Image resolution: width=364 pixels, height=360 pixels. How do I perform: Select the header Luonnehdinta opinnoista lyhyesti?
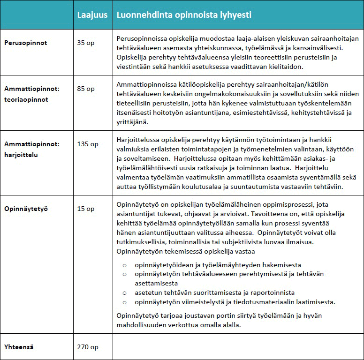(184, 15)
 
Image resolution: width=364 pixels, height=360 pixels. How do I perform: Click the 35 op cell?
(85, 43)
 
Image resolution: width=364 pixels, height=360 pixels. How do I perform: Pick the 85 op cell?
(85, 88)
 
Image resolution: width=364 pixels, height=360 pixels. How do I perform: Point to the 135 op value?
(87, 144)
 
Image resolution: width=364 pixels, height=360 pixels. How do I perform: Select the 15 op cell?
(85, 209)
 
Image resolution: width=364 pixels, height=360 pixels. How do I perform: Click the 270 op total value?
(87, 347)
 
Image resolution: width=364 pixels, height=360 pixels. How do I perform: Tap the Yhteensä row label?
(19, 347)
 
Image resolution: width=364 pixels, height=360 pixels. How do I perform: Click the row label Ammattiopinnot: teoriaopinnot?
(32, 94)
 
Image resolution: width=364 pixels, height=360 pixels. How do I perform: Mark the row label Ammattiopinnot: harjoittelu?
(32, 150)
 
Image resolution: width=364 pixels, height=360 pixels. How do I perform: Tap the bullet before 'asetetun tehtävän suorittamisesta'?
(125, 292)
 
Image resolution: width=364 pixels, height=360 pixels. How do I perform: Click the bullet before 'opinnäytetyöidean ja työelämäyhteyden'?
(125, 265)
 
